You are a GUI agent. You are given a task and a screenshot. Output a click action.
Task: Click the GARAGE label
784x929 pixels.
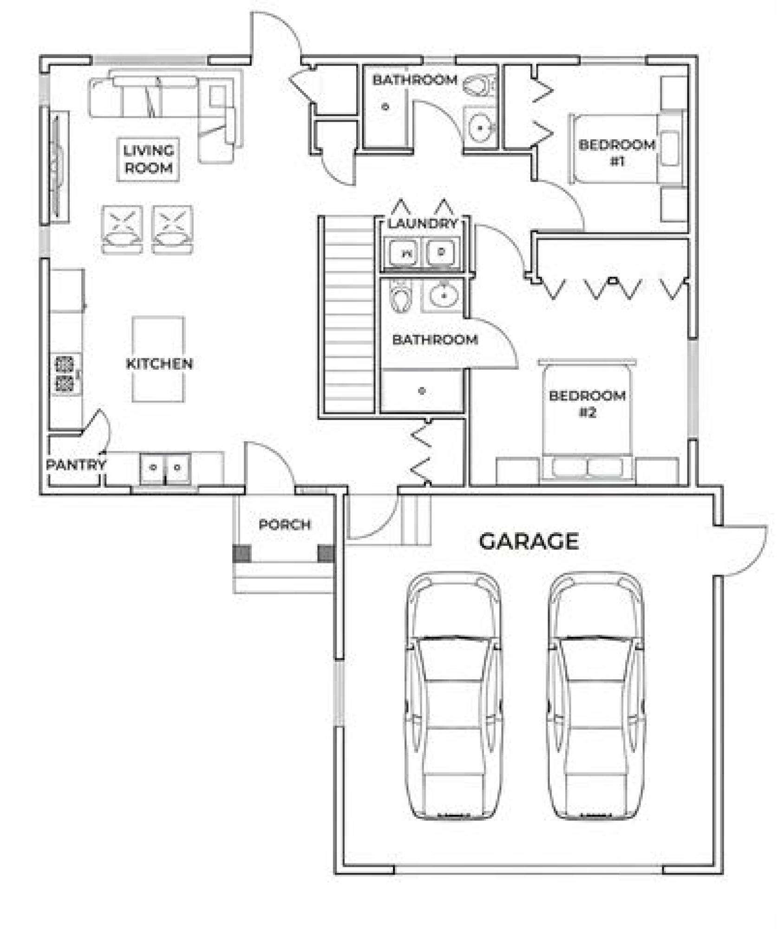[x=529, y=541]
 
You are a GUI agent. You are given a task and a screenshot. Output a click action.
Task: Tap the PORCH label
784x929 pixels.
[x=284, y=525]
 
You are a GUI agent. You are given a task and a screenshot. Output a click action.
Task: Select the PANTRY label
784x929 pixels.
[x=76, y=464]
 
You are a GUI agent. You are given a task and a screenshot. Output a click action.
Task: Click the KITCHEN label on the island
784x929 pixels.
[x=159, y=363]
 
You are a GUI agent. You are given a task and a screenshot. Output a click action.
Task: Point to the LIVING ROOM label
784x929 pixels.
[x=149, y=159]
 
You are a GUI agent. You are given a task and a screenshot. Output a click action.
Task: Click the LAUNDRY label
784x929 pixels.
[x=423, y=223]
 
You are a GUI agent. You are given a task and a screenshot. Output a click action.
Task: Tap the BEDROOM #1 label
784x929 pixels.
[x=617, y=153]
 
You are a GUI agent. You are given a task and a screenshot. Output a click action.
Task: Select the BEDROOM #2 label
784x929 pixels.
[x=587, y=404]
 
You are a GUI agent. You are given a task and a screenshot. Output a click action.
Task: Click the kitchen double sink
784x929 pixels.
[x=165, y=467]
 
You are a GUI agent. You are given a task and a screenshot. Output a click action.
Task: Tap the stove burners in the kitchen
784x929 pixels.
[x=65, y=374]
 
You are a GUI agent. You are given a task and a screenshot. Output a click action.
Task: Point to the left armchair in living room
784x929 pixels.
[x=122, y=229]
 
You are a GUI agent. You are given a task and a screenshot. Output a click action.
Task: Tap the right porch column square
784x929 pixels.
[x=326, y=553]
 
